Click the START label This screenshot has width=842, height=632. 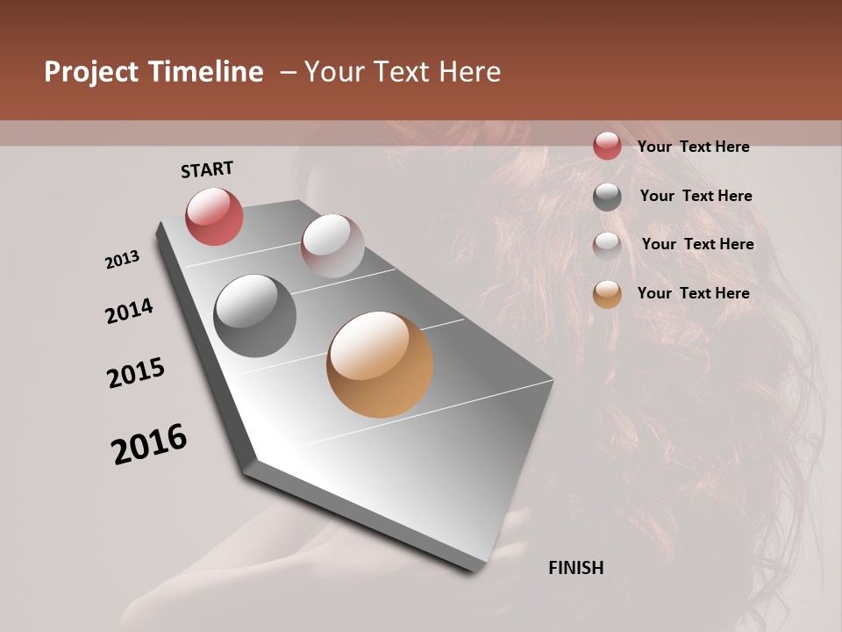pos(207,169)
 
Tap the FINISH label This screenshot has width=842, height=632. pos(576,568)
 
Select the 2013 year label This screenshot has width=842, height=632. pos(122,260)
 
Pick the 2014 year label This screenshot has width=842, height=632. pos(129,312)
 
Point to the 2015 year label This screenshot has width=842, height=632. pos(136,373)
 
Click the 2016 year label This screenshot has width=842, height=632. pos(149,444)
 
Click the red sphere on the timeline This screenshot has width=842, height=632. pos(214,216)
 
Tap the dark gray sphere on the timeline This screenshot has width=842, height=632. pos(254,316)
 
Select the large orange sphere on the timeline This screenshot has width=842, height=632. pos(380,364)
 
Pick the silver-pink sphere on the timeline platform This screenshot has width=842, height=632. pos(332,245)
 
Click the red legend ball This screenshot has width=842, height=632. pos(607,147)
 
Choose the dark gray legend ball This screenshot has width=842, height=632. pos(607,197)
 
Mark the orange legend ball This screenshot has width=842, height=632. pos(607,294)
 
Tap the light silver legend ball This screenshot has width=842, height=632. pos(607,245)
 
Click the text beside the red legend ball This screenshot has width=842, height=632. pos(694,147)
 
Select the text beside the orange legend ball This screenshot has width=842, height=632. pos(694,293)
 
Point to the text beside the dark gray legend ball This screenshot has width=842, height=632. pos(696,196)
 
